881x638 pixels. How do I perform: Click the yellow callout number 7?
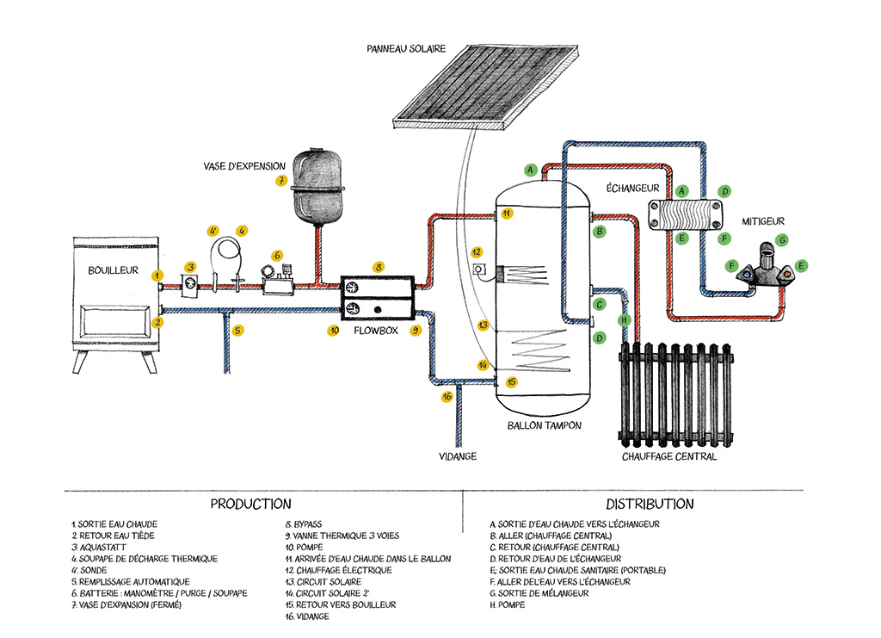(x=281, y=181)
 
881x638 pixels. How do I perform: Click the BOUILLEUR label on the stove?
(x=113, y=270)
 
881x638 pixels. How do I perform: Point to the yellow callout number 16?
(x=447, y=397)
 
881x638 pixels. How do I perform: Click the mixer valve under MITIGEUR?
(x=766, y=268)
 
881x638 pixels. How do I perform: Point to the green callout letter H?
(x=625, y=319)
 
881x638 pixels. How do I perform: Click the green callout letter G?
(x=782, y=239)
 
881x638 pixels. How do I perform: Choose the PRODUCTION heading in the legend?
(x=250, y=504)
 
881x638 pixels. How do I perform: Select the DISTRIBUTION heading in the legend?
(x=650, y=504)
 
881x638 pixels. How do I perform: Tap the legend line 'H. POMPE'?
(x=507, y=605)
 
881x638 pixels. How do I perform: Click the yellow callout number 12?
(x=476, y=251)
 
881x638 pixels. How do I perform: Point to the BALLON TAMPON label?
(x=544, y=425)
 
